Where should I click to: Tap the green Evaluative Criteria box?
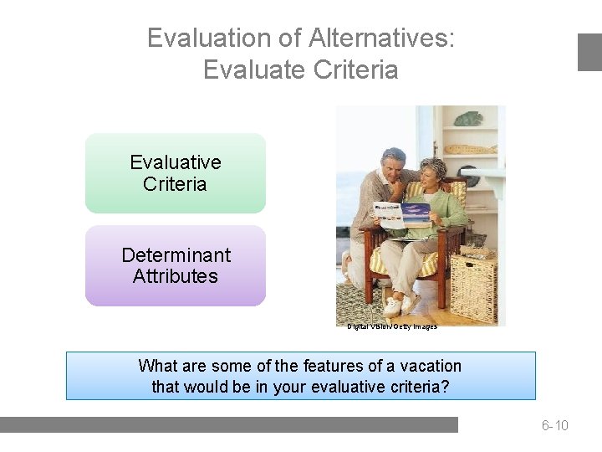click(x=176, y=173)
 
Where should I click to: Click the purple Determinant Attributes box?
click(x=176, y=265)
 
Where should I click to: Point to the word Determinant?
click(x=176, y=254)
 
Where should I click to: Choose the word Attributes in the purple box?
click(x=176, y=276)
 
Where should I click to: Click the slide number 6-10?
click(x=554, y=426)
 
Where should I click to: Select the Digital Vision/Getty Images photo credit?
click(x=392, y=326)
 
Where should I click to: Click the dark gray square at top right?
click(x=589, y=52)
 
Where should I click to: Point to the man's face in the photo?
click(x=392, y=165)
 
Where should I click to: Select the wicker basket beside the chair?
click(x=473, y=289)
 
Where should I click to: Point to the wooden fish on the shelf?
click(x=469, y=150)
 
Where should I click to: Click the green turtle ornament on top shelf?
click(x=468, y=119)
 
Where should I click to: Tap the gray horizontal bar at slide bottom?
click(x=229, y=425)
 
